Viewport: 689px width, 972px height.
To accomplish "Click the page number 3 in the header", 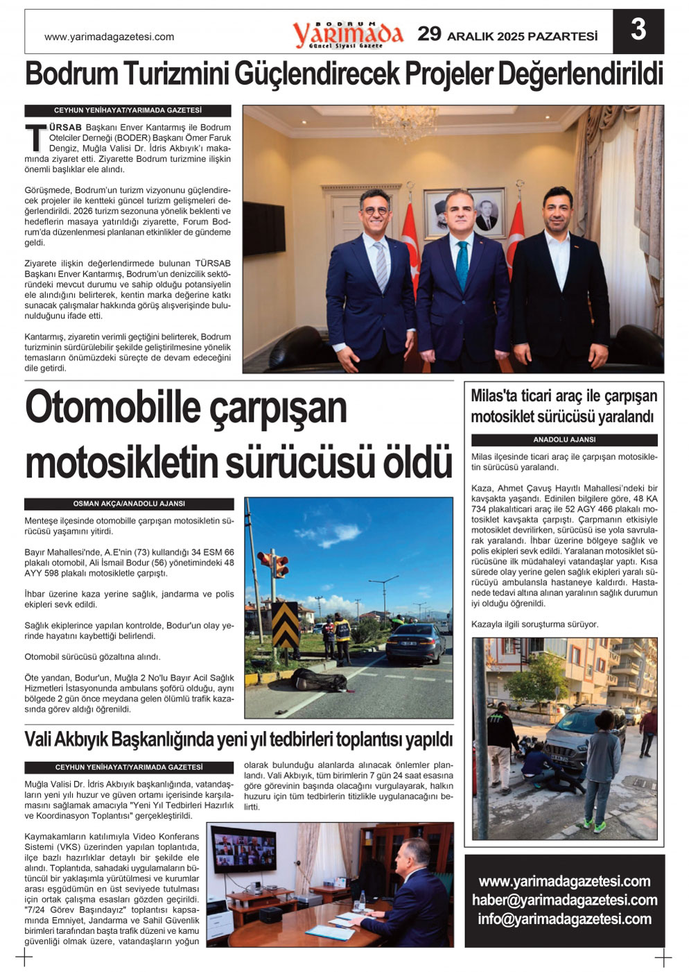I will [x=638, y=31].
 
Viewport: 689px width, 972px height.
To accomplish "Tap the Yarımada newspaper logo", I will [x=347, y=34].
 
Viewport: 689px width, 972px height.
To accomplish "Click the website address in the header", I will [x=109, y=37].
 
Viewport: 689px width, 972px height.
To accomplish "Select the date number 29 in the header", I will [x=429, y=33].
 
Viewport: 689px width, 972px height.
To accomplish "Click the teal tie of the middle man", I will [x=462, y=264].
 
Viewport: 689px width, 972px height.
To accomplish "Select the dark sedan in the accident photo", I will [x=415, y=642].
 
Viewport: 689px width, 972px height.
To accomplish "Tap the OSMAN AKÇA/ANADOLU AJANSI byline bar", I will [x=129, y=504].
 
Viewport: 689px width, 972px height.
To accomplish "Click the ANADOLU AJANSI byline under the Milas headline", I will [x=564, y=440].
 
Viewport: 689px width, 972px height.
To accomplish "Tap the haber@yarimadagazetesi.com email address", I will [x=564, y=900].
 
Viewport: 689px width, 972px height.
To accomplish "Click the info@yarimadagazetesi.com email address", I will [x=564, y=919].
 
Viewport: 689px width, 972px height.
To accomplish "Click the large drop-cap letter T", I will [x=36, y=138].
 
